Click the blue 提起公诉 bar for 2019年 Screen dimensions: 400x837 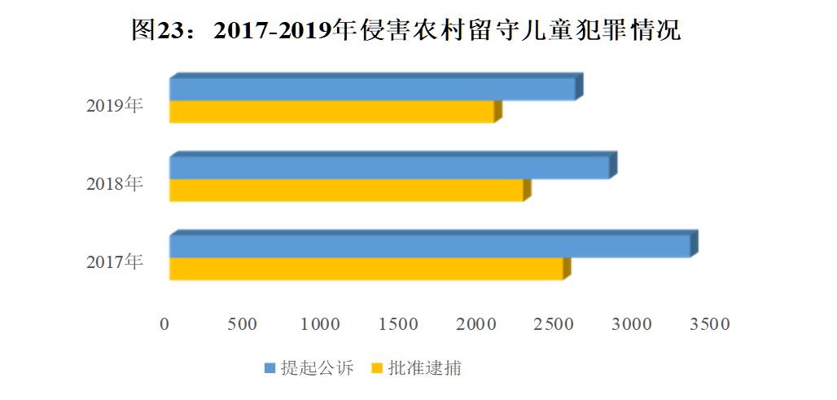coord(372,90)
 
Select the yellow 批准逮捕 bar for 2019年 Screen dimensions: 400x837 coord(331,112)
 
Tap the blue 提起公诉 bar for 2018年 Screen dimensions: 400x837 coord(388,168)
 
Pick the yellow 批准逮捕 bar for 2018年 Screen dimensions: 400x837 coord(346,191)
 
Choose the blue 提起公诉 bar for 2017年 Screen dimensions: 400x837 coord(429,246)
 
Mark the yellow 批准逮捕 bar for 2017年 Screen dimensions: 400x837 coord(366,269)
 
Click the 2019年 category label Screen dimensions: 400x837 coord(115,105)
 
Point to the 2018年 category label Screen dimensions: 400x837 coord(115,183)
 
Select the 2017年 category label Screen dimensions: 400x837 coord(115,262)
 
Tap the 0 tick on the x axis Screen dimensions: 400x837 coord(165,324)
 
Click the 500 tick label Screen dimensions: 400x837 coord(242,324)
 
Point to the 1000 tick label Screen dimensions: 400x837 coord(320,324)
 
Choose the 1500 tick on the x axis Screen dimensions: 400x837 coord(398,324)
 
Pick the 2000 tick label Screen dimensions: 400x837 coord(476,324)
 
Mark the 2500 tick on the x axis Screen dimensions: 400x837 coord(554,324)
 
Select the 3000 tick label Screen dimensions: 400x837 coord(632,324)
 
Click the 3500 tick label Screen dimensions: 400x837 coord(710,324)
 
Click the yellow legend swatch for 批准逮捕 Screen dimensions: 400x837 coord(376,369)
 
